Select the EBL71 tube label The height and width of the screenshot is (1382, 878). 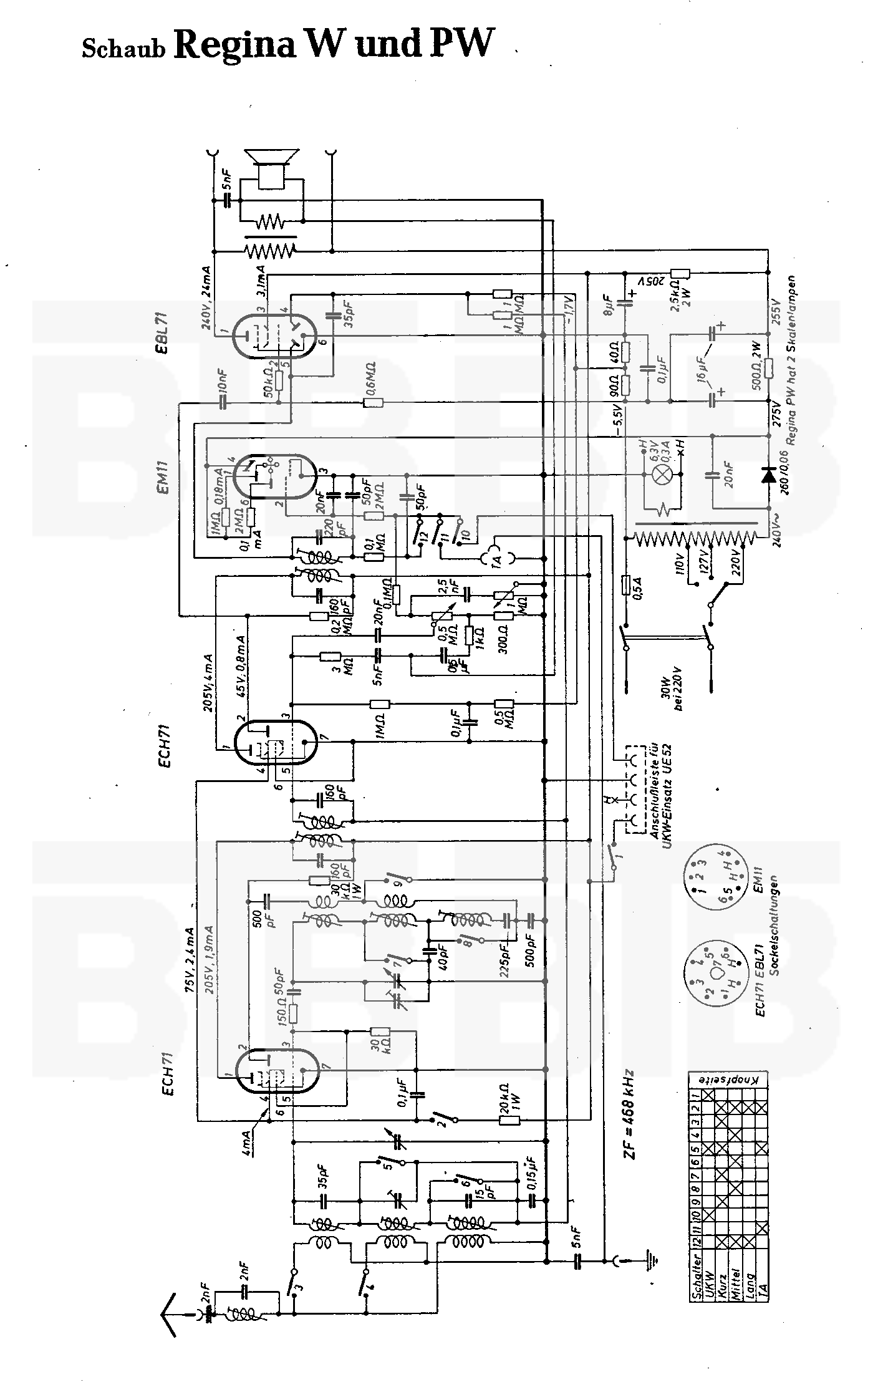165,332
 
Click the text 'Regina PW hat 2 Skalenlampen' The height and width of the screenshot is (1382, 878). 790,359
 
